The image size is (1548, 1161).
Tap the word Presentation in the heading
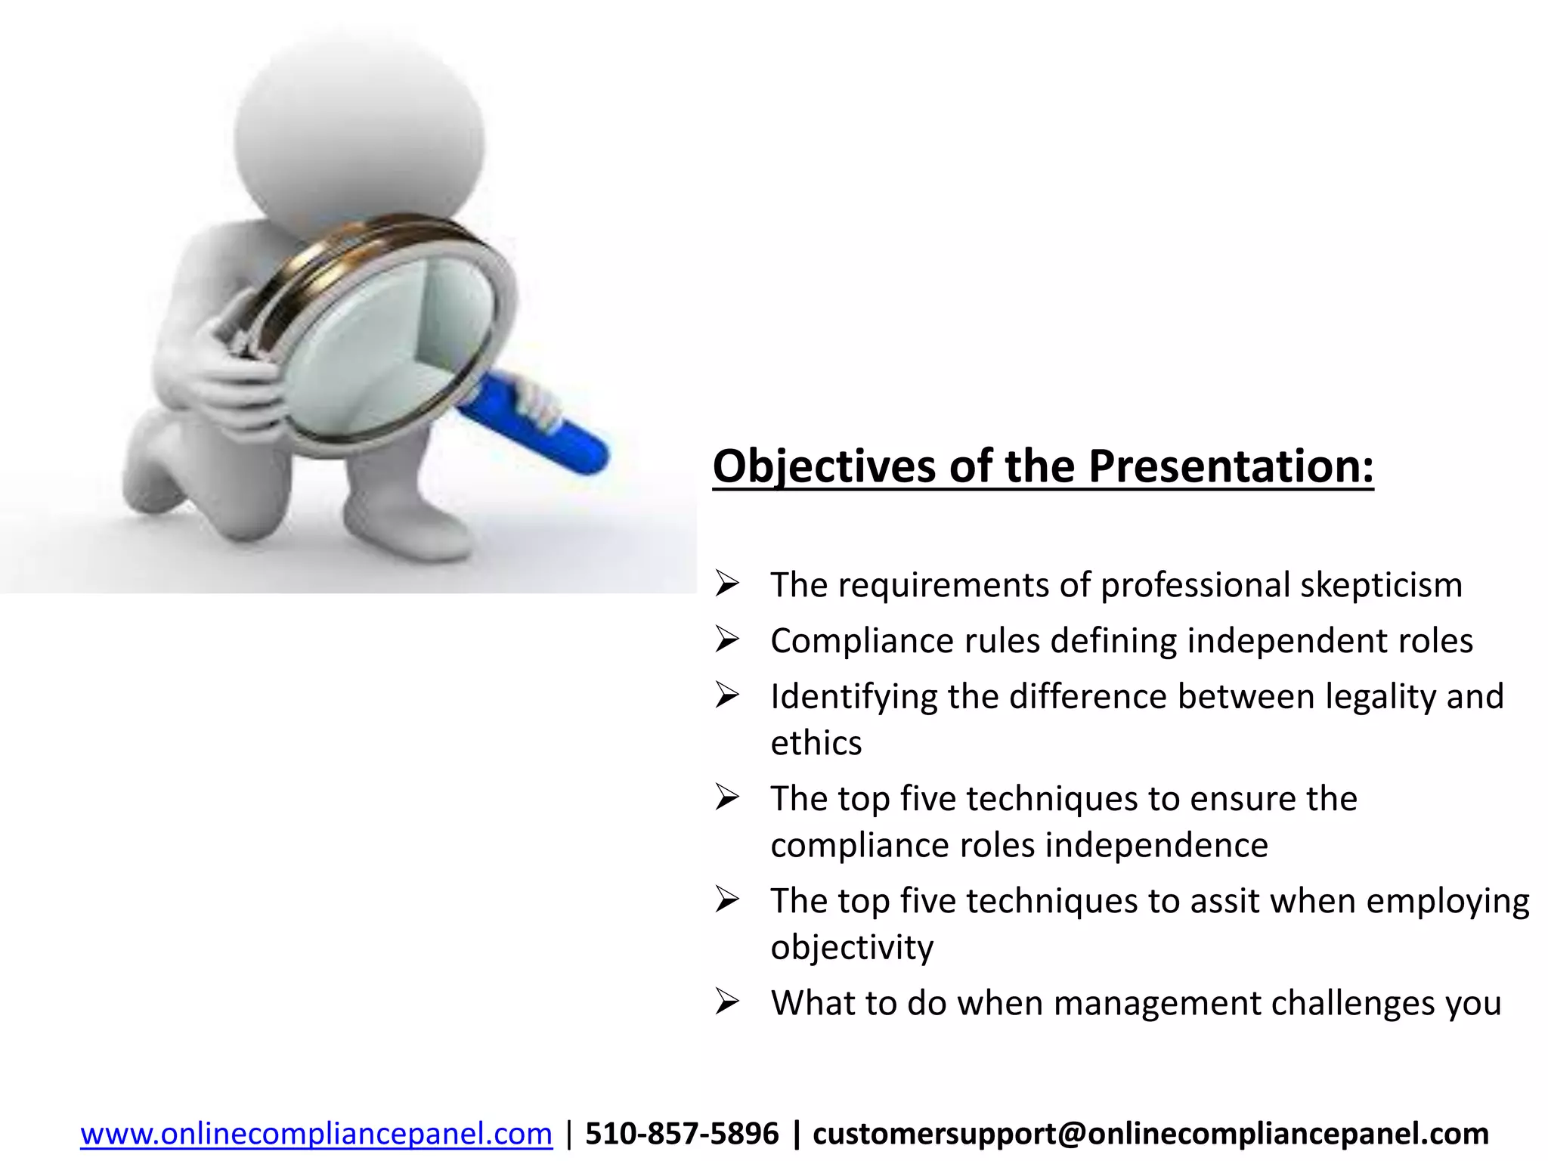[x=1230, y=466]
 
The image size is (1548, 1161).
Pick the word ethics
[x=816, y=744]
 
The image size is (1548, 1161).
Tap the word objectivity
[x=852, y=948]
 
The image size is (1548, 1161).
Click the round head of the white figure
[x=359, y=128]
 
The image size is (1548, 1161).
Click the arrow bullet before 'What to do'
[x=726, y=1003]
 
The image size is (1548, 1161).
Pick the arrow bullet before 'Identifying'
[x=726, y=696]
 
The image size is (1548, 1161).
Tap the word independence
[x=1156, y=845]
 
